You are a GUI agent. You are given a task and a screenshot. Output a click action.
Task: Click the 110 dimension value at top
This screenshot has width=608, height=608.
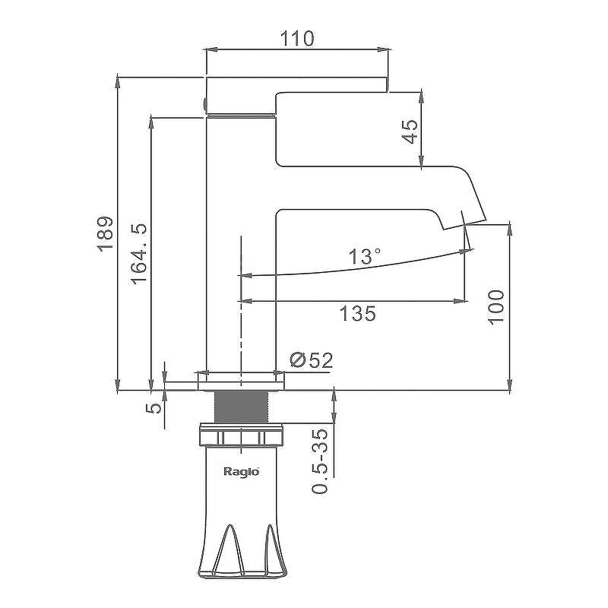[x=297, y=38]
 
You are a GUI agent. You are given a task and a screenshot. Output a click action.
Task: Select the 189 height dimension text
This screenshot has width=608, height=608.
[x=106, y=233]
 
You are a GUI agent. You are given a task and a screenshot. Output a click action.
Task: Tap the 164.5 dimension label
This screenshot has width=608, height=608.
[x=139, y=254]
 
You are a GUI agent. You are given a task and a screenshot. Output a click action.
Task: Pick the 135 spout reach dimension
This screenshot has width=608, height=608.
[x=357, y=313]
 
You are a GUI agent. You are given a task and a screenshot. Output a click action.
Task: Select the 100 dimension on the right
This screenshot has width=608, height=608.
[x=496, y=306]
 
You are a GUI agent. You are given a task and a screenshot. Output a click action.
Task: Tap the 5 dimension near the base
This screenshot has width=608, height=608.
[x=155, y=407]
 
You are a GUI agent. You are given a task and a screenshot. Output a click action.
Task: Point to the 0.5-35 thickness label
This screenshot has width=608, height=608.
[x=322, y=461]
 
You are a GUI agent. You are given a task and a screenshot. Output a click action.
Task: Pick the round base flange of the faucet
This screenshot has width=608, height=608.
[x=241, y=380]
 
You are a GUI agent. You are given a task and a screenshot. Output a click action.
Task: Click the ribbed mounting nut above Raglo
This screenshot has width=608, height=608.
[x=241, y=438]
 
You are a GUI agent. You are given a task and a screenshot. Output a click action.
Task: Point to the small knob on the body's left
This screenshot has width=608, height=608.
[x=204, y=103]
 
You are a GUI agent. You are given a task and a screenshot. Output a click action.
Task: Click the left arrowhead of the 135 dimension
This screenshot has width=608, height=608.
[x=245, y=301]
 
